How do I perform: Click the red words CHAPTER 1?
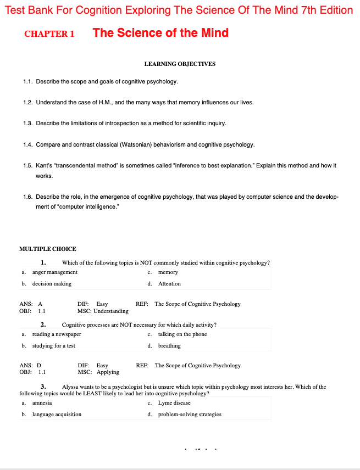pyautogui.click(x=49, y=34)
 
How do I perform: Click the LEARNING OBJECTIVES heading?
pyautogui.click(x=180, y=64)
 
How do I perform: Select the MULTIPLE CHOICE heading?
pyautogui.click(x=48, y=249)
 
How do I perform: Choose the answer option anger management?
pyautogui.click(x=55, y=272)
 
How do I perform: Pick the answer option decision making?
pyautogui.click(x=52, y=284)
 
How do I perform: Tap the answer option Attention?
pyautogui.click(x=169, y=284)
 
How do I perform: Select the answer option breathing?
pyautogui.click(x=169, y=346)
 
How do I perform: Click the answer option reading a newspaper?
pyautogui.click(x=57, y=334)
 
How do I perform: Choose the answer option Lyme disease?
pyautogui.click(x=175, y=403)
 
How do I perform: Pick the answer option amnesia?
pyautogui.click(x=42, y=403)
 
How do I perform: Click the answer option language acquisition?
pyautogui.click(x=57, y=415)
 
